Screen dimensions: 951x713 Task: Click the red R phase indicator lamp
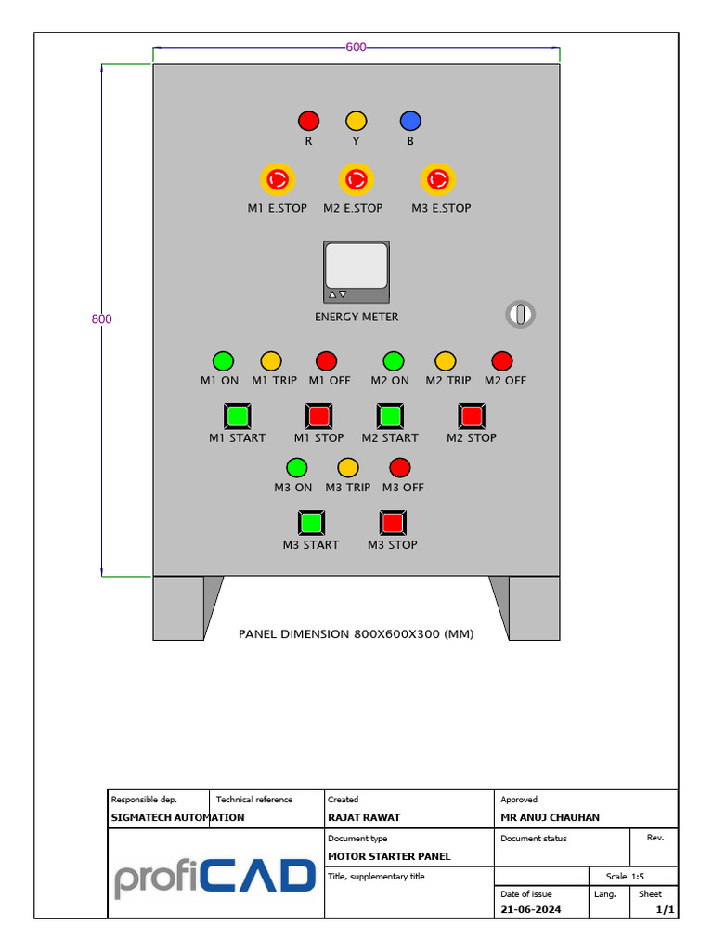pos(308,121)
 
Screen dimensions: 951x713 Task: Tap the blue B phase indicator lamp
pos(410,121)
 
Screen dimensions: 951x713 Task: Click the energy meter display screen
pos(356,266)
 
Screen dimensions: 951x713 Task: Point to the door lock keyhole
pos(521,314)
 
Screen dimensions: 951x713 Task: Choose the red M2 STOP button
pos(472,415)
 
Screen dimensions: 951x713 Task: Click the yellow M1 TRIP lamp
pos(271,360)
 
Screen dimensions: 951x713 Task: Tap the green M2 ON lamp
pos(394,360)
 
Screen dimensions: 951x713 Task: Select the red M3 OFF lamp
pos(400,467)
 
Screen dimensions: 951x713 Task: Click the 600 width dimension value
pos(356,47)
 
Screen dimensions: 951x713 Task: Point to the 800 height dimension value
pos(101,319)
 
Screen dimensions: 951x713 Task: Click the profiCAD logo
pos(215,877)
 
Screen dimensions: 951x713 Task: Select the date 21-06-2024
pos(531,909)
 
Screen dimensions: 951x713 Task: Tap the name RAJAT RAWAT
pos(364,817)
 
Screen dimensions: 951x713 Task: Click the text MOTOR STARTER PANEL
pos(389,856)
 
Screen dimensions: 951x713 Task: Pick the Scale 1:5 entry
pos(625,876)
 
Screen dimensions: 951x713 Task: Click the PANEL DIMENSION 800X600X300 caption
pos(356,634)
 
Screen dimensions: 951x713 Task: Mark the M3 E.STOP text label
pos(441,208)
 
